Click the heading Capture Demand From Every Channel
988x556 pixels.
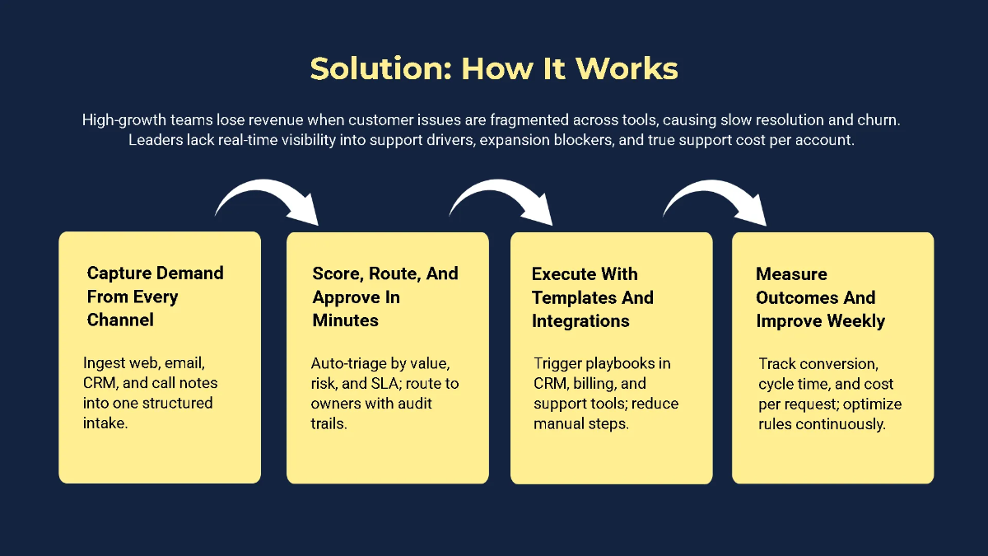pos(155,297)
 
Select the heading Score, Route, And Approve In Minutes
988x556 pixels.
pos(385,297)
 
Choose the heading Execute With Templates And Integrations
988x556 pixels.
pos(593,297)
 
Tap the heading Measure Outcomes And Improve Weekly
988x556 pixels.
pos(820,297)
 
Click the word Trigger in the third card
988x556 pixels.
pos(558,363)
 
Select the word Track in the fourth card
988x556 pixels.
pos(777,364)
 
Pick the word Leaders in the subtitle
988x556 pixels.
pos(155,141)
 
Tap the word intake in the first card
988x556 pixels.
pos(105,423)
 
